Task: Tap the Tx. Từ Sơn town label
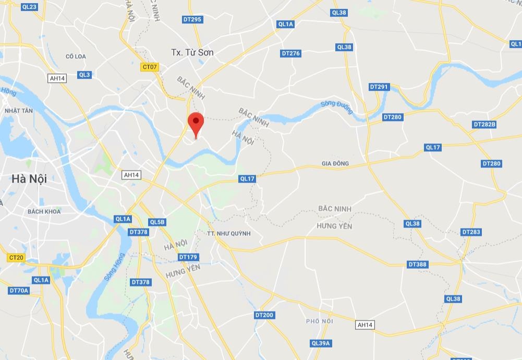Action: pos(192,52)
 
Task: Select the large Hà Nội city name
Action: pos(29,178)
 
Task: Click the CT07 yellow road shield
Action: pos(150,67)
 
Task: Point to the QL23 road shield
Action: pos(30,7)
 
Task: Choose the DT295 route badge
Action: pos(192,19)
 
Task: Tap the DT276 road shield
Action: pos(290,53)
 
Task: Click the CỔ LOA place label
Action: pos(76,56)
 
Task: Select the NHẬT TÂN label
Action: pos(19,111)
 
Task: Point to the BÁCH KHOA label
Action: pos(44,211)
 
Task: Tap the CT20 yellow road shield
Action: pos(16,258)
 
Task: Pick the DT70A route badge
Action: pos(19,290)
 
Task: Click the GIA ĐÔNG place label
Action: pos(335,163)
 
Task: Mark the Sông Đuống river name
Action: pos(337,107)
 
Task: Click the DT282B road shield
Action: pos(484,124)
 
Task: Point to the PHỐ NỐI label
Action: pos(320,321)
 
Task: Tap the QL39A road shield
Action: pos(321,343)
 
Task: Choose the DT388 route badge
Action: pos(417,265)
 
